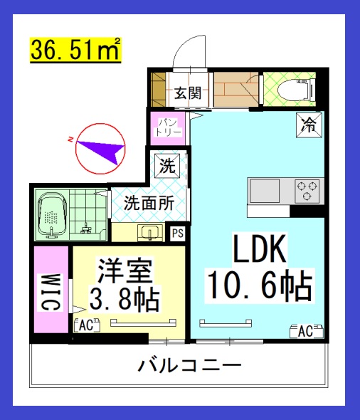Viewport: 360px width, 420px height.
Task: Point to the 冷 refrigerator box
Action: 309,125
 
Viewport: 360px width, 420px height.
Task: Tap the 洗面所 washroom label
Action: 149,201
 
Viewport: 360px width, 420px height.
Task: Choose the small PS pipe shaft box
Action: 177,231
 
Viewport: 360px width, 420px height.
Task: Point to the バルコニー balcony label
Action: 190,367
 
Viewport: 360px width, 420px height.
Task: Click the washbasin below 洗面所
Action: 150,232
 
